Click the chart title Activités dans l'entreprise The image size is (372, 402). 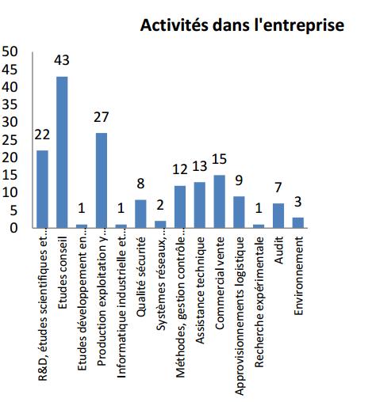coord(242,25)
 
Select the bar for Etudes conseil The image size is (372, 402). coord(62,152)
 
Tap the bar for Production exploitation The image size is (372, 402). coord(102,180)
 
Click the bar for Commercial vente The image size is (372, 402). coord(220,202)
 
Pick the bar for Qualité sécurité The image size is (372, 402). coord(140,214)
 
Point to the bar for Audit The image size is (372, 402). coord(278,215)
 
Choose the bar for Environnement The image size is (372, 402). coord(298,222)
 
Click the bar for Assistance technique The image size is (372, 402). coord(200,205)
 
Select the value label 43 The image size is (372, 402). coord(62,60)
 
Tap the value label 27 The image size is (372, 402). coord(102,117)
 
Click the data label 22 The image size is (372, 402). coord(42,135)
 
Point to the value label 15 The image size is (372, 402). coord(220,159)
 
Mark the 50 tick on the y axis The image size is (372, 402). coord(10,51)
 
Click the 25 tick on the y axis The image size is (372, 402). coord(10,140)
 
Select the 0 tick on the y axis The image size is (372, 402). coord(13,228)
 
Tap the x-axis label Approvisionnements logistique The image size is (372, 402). coord(240,316)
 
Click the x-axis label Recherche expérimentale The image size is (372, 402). coord(259,302)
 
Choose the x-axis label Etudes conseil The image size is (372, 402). coord(63,273)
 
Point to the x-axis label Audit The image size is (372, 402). coord(279,250)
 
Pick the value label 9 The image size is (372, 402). coord(239,180)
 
